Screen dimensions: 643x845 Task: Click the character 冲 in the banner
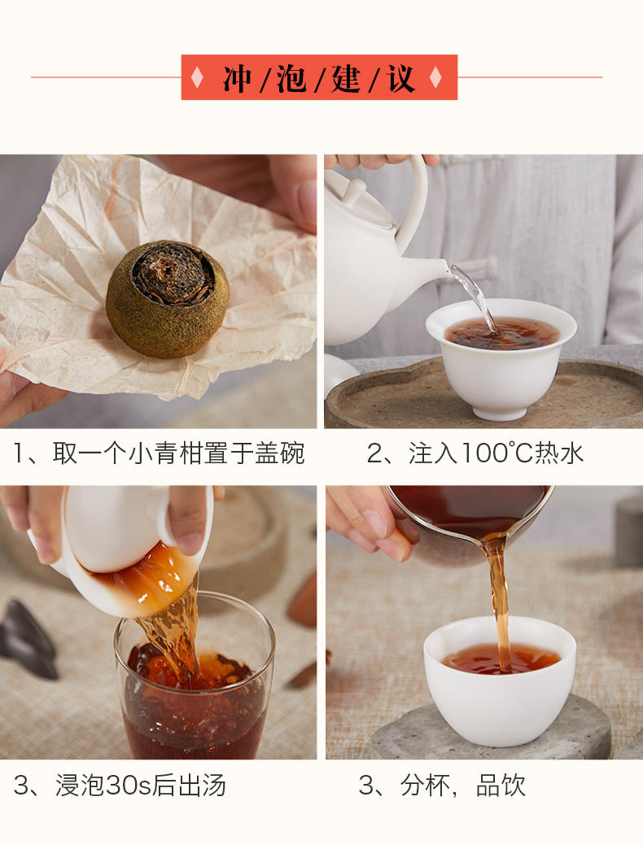(237, 78)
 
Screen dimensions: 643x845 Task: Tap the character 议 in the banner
(401, 78)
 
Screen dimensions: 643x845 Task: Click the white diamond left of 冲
(197, 77)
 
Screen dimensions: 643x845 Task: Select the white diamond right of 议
(435, 77)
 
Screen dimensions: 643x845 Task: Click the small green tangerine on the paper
(167, 299)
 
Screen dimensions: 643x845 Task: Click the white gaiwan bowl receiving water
(501, 357)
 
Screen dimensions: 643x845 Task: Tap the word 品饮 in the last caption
(501, 786)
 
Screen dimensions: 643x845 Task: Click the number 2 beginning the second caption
(374, 453)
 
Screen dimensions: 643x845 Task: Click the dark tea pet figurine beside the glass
(28, 637)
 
